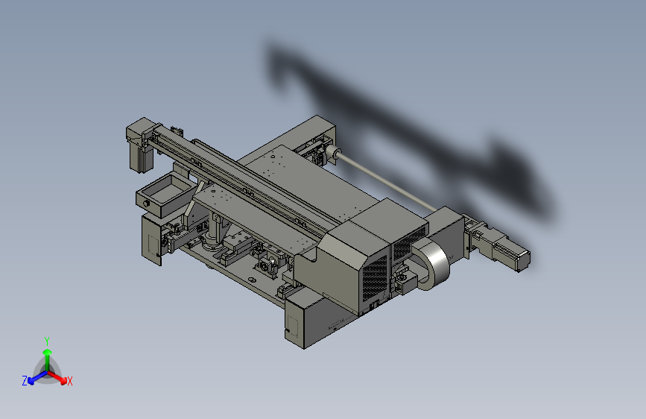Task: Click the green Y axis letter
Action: pyautogui.click(x=46, y=341)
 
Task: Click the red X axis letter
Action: pyautogui.click(x=69, y=381)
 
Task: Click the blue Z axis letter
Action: pyautogui.click(x=25, y=381)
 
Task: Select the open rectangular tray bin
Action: pyautogui.click(x=165, y=195)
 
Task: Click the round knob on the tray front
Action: pyautogui.click(x=146, y=204)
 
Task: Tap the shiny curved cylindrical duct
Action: pyautogui.click(x=434, y=263)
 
